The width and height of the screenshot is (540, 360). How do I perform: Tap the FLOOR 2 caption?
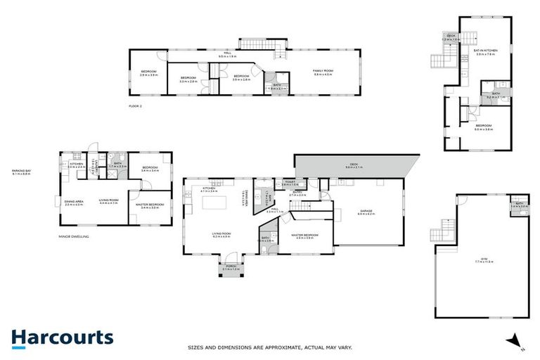(135, 106)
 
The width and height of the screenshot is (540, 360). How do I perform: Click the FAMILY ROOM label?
(323, 72)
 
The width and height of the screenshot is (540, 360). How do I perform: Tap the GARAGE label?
(367, 212)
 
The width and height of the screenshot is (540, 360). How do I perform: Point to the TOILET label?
(290, 183)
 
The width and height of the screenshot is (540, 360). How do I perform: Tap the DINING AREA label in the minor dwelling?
(74, 203)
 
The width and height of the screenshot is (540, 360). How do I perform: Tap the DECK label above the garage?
(354, 166)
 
